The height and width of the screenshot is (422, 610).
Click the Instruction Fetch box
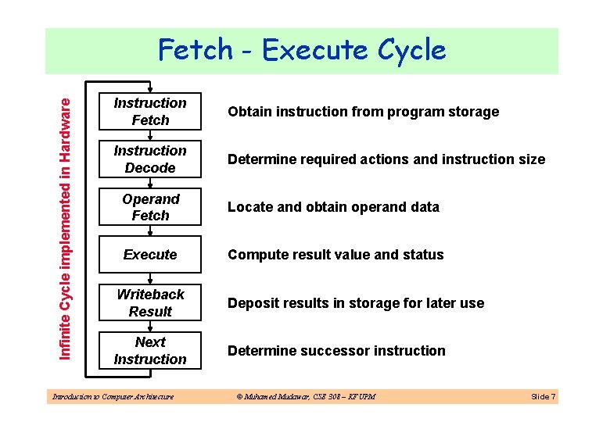click(150, 112)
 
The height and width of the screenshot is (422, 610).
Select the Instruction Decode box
click(150, 159)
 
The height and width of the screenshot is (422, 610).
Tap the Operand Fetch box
click(150, 207)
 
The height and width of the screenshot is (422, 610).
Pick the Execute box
click(150, 255)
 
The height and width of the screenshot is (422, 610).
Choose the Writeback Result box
click(150, 302)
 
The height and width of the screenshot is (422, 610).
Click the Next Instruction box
click(150, 350)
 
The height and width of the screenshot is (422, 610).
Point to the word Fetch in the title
click(196, 50)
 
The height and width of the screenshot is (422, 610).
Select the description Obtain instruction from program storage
click(363, 112)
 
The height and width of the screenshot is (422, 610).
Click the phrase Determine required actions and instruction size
click(386, 159)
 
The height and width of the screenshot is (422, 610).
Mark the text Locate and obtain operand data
click(333, 207)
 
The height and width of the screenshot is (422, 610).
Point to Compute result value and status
click(335, 255)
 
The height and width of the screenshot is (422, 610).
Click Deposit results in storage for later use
click(356, 303)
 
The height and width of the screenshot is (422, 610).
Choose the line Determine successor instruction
click(336, 351)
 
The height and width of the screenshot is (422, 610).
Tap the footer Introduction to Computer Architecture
click(112, 397)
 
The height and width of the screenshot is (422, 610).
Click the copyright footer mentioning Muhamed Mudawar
click(306, 397)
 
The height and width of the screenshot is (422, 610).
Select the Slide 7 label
click(543, 397)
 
